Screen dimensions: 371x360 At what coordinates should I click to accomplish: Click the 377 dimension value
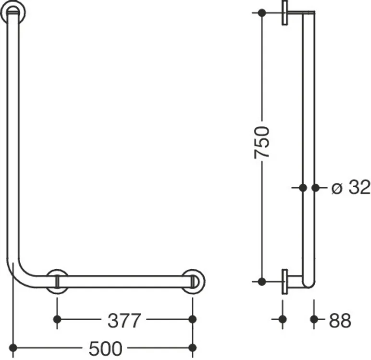click(124, 321)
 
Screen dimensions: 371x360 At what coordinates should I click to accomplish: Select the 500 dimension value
click(106, 348)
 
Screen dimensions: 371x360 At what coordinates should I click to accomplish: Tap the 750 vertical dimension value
click(262, 143)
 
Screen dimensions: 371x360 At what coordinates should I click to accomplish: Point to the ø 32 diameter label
click(351, 187)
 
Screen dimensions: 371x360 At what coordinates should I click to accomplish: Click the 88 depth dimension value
click(340, 321)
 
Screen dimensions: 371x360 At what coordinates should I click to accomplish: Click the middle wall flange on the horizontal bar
click(57, 282)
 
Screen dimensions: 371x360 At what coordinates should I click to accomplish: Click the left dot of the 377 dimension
click(57, 319)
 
